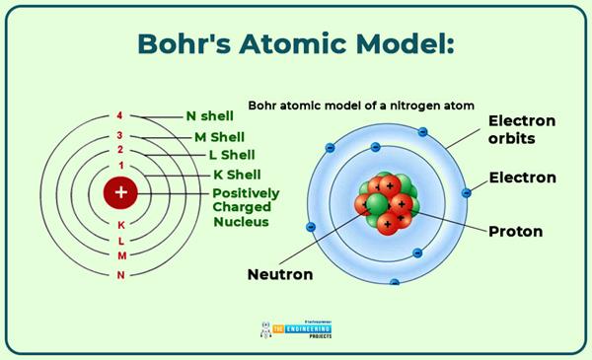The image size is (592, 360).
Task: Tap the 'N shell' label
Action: tap(210, 114)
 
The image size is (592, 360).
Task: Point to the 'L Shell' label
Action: tap(232, 155)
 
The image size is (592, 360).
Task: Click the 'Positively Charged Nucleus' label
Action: tap(246, 207)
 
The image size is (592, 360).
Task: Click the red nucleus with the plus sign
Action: tap(120, 193)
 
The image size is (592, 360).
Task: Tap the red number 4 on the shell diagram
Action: tap(120, 115)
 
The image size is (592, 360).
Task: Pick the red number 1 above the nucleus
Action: tap(120, 165)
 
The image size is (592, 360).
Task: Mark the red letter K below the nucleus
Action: tap(120, 224)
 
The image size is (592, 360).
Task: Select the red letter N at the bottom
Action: tap(120, 274)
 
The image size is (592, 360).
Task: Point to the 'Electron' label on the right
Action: tap(522, 178)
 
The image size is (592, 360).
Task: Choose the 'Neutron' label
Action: tap(280, 274)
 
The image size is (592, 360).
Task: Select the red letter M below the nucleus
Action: tap(120, 256)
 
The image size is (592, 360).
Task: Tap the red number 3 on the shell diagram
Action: tap(120, 135)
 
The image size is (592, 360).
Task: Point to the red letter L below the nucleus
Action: tap(120, 240)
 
